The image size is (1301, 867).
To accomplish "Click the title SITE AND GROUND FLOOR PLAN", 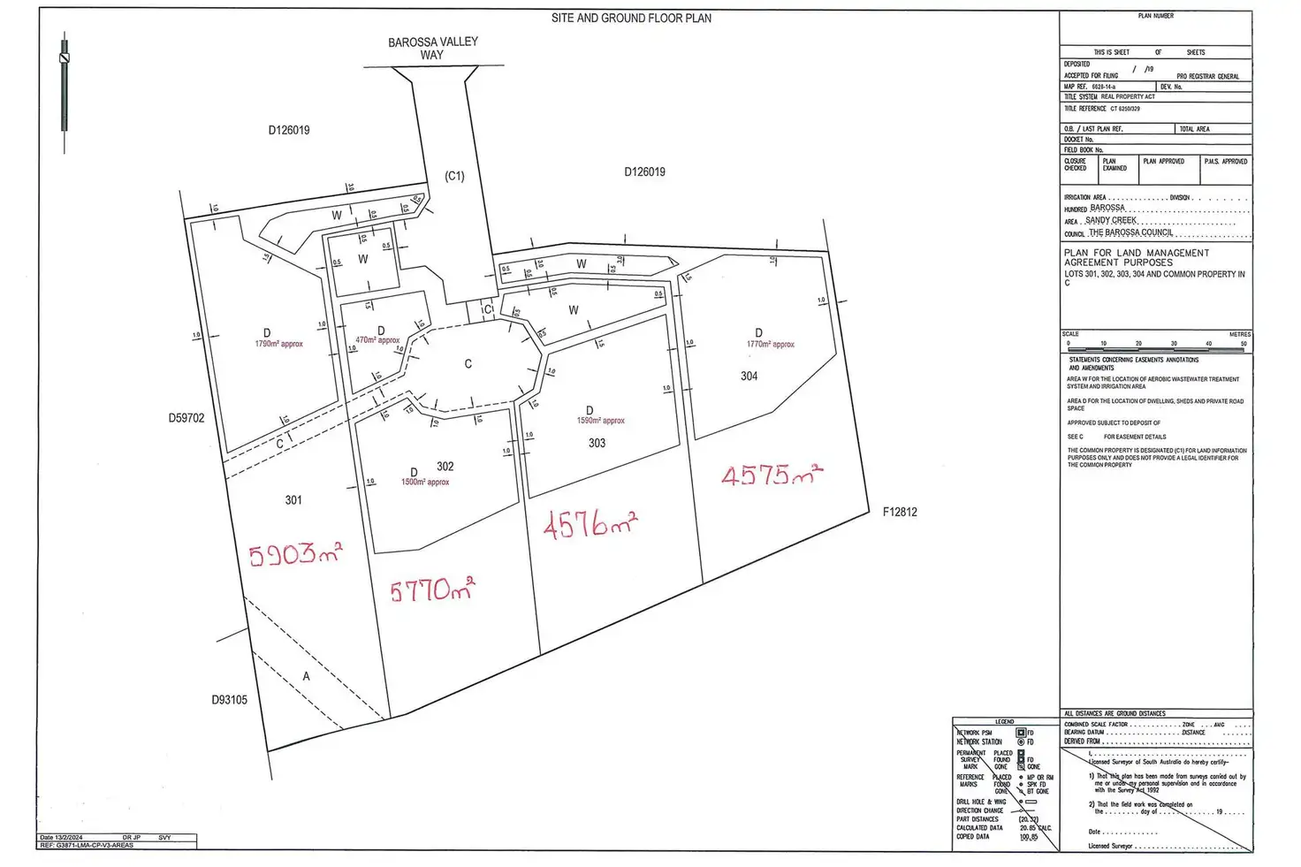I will tap(631, 18).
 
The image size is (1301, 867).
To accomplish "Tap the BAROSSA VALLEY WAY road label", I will tap(433, 48).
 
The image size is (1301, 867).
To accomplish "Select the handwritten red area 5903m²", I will tap(295, 554).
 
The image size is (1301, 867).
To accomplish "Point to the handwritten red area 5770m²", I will tap(432, 589).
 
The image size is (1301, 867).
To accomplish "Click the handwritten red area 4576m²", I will tap(589, 525).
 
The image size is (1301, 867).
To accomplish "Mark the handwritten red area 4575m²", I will tap(771, 475).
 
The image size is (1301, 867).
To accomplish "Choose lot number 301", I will tap(293, 500).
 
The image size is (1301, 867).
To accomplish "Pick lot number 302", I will tap(445, 467).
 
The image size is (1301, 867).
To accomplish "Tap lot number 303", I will tap(597, 443).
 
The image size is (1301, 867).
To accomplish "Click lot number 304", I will tap(749, 376).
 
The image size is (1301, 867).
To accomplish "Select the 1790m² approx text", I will tap(278, 344).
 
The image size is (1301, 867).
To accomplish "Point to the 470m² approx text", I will tap(377, 340).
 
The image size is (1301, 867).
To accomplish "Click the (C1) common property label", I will tap(454, 176).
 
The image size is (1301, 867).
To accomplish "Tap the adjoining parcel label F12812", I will tap(900, 512).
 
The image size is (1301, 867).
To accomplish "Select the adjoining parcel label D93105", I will tap(229, 700).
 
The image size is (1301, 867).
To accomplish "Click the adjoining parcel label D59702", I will tap(186, 418).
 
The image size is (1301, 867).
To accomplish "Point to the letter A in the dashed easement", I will tap(307, 676).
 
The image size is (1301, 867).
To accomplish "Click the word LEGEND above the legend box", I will tap(1005, 722).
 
